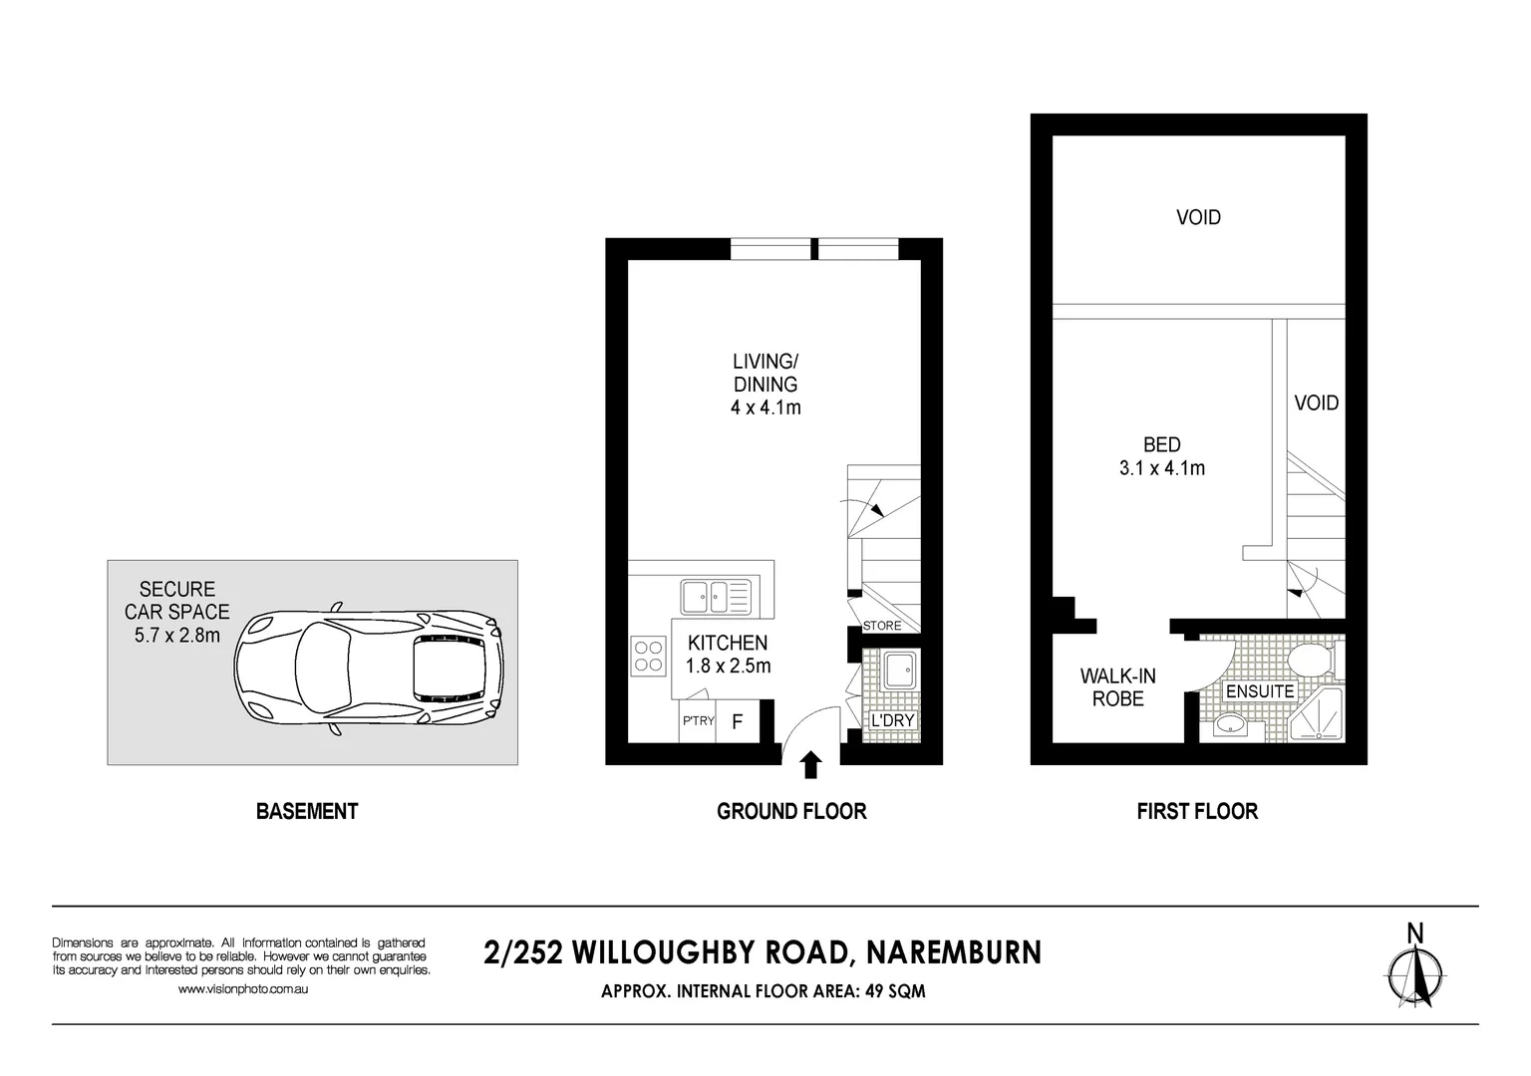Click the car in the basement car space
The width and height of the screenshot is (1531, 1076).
369,669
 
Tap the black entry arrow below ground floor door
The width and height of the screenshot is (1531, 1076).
810,764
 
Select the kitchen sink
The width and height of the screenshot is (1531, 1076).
716,597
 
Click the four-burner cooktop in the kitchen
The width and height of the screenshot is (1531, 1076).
648,657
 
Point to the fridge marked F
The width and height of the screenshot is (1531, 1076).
738,722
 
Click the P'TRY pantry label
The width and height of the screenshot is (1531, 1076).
698,720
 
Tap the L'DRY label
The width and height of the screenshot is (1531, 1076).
892,720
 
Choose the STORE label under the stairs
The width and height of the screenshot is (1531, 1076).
882,625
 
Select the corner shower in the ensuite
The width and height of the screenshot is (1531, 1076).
1316,714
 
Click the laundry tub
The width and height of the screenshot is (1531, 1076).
897,671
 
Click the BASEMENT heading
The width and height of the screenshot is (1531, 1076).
307,811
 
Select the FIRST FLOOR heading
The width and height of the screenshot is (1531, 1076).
1197,811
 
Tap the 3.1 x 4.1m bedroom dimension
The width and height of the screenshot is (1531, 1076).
1162,468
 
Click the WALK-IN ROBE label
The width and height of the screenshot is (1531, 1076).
1118,687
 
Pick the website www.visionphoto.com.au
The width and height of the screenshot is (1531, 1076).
242,988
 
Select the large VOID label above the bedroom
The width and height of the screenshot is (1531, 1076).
1198,217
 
